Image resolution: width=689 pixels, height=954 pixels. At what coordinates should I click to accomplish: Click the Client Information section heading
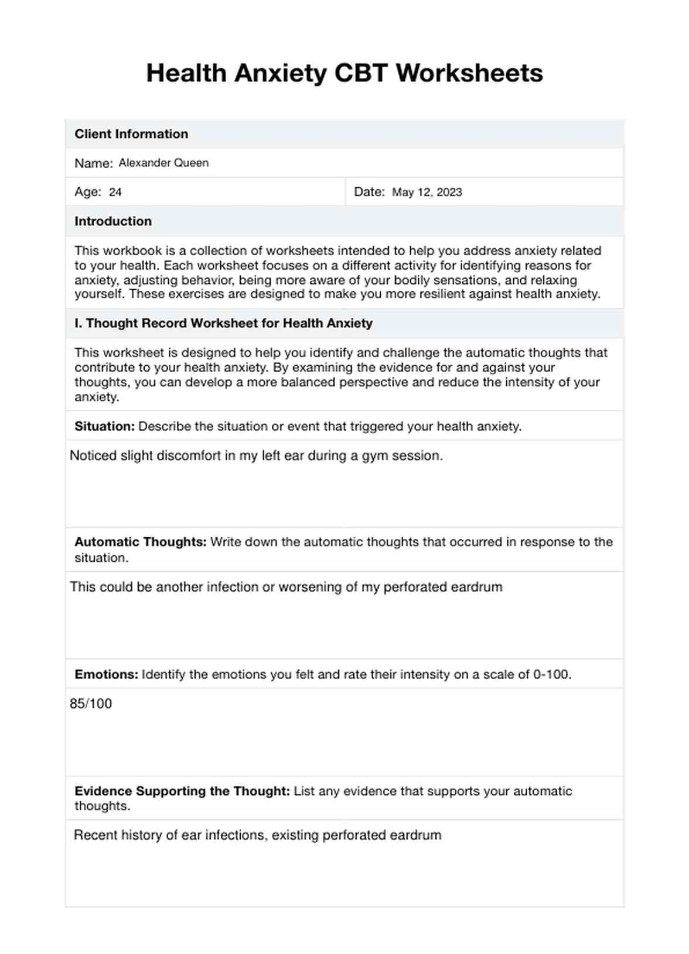point(131,134)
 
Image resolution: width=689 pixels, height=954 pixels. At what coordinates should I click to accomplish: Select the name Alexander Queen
point(163,163)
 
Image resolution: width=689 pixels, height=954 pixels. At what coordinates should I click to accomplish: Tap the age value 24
point(115,193)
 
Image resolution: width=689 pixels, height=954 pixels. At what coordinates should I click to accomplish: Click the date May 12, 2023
point(427,193)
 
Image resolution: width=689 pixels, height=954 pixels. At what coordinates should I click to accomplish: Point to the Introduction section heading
point(113,221)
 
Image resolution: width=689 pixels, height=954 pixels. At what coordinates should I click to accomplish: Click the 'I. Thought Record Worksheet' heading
point(223,324)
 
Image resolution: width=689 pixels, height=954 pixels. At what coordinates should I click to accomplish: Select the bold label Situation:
point(104,427)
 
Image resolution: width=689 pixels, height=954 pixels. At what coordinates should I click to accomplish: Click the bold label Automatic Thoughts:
point(140,543)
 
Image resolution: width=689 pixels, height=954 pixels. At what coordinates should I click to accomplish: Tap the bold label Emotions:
point(106,675)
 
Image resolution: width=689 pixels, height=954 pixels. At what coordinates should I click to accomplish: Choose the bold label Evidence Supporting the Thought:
point(182,791)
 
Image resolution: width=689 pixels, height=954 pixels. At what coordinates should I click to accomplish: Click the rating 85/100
point(91,704)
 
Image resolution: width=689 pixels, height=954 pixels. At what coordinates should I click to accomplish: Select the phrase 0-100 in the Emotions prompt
point(550,675)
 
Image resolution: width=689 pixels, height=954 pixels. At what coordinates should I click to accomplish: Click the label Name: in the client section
point(93,164)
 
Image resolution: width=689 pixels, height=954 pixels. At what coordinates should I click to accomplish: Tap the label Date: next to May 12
point(369,192)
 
